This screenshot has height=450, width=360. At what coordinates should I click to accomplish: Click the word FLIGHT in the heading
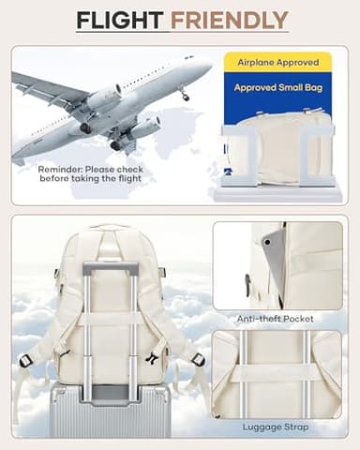121,20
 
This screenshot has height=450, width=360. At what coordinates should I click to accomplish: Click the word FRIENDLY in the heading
230,20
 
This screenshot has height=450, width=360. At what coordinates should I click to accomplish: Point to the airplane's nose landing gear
184,94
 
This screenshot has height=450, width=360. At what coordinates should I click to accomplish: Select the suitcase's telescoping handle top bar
111,270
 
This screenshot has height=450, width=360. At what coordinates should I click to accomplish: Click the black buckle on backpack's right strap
198,359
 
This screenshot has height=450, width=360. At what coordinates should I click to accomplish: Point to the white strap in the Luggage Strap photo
280,371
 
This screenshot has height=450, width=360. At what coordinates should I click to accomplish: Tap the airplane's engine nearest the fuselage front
104,97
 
